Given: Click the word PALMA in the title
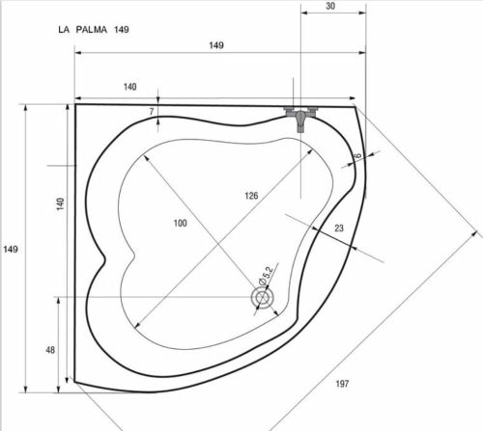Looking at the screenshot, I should [x=93, y=30].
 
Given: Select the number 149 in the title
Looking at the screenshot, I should [x=122, y=30].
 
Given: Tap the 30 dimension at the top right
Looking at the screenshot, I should [x=331, y=6].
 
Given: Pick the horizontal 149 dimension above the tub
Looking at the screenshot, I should [x=216, y=45].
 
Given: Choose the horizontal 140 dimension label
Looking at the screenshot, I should [x=130, y=87].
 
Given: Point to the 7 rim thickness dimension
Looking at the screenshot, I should [x=152, y=112].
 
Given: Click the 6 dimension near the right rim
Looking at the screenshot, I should [x=356, y=156].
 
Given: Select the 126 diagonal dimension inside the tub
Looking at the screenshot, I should [x=251, y=196].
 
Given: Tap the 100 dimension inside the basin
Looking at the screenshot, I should [x=180, y=223].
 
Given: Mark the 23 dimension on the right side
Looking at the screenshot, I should [x=338, y=229].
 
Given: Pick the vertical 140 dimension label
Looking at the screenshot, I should [x=60, y=203].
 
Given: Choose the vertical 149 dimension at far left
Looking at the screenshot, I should [x=11, y=250].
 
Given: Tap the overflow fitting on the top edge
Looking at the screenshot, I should [x=301, y=114].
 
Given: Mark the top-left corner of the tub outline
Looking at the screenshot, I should [x=76, y=104].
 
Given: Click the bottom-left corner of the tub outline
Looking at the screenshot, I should [x=74, y=383].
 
